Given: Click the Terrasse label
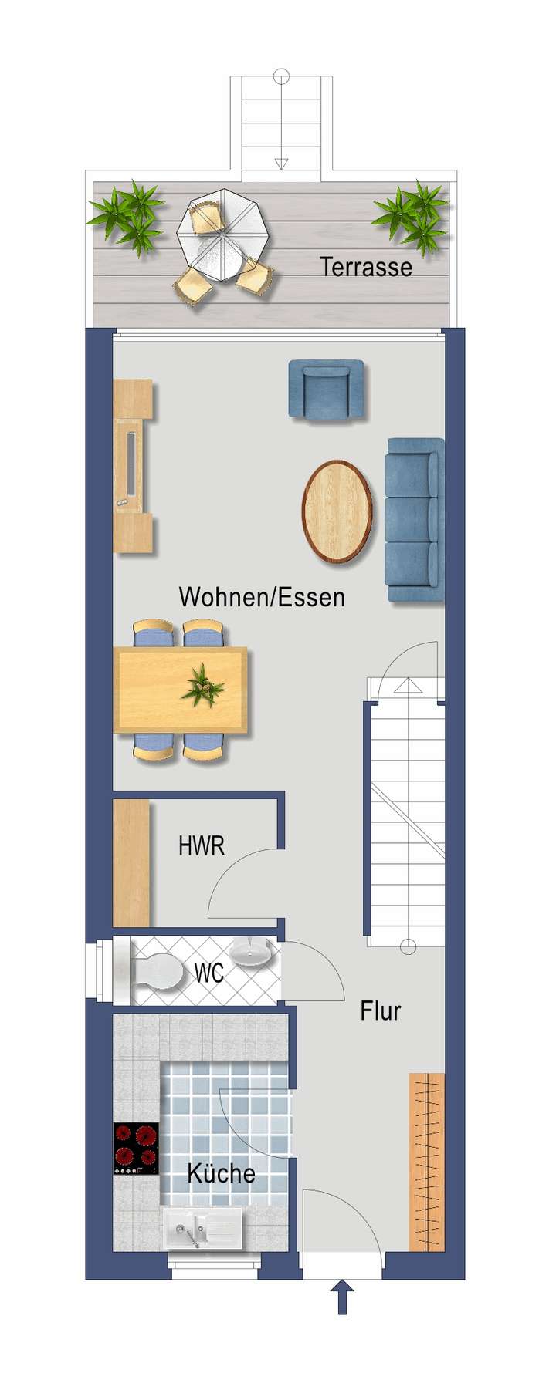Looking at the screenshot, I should [x=365, y=267].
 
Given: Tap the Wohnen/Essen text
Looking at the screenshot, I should [x=262, y=596].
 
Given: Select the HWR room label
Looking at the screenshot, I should [x=202, y=846].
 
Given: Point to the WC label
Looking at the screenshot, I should [x=208, y=973].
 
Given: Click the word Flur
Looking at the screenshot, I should [x=381, y=1010].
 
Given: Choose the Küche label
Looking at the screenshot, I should [x=221, y=1173].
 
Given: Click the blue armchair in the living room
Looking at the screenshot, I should [x=327, y=389].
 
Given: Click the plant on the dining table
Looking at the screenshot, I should [x=203, y=684].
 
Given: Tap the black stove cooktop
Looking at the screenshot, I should [x=136, y=1149].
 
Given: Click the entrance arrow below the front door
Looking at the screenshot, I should [x=342, y=1297].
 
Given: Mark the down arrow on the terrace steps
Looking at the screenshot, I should [x=281, y=163].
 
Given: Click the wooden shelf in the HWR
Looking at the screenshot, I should [x=131, y=862].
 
